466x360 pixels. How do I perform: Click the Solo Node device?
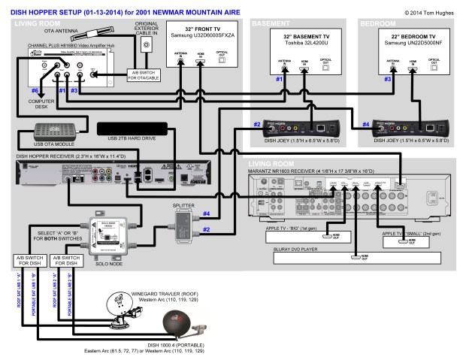(x=107, y=229)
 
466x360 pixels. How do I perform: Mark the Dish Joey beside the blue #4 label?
(x=410, y=127)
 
